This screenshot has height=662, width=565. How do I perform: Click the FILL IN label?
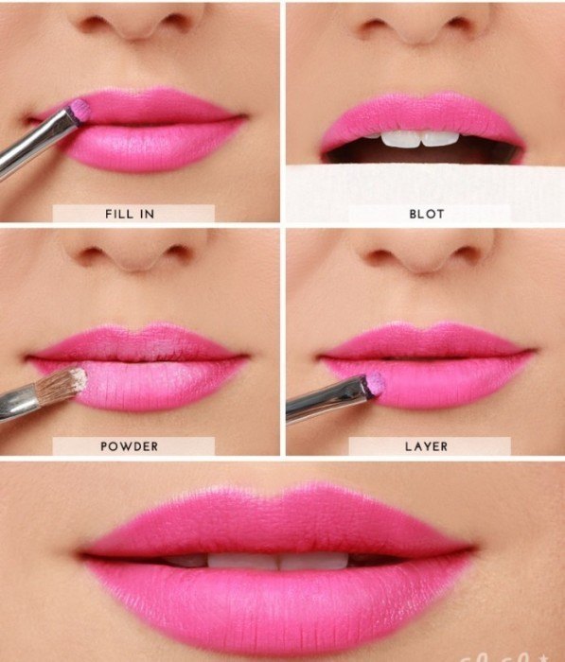tap(129, 214)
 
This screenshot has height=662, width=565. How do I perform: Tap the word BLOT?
tap(426, 214)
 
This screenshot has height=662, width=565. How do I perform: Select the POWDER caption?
tap(130, 445)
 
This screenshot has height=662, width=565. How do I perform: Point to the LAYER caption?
tap(426, 445)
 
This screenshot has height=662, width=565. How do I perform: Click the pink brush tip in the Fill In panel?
tap(81, 109)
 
